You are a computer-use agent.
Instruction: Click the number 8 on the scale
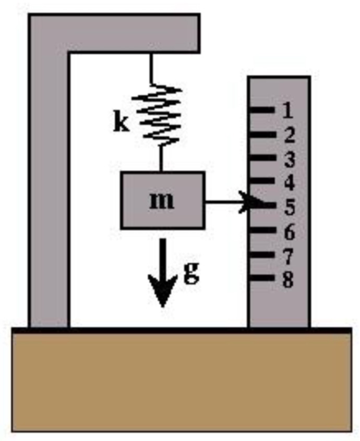[288, 279]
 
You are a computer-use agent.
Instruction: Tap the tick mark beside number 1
[262, 110]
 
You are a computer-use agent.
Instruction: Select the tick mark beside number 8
[262, 278]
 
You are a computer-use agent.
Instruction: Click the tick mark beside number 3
[262, 157]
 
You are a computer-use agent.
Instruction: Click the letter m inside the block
[162, 201]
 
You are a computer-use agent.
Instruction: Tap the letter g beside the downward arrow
[191, 273]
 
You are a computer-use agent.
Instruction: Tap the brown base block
[181, 383]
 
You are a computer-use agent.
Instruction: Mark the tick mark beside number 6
[262, 229]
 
